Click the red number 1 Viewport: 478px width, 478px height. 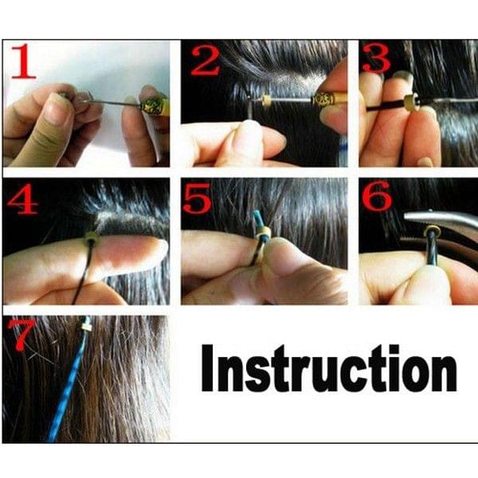point(23,61)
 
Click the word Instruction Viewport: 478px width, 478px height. point(328,369)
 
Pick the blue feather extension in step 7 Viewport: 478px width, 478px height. point(67,390)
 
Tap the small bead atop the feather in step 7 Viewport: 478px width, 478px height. point(84,326)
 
